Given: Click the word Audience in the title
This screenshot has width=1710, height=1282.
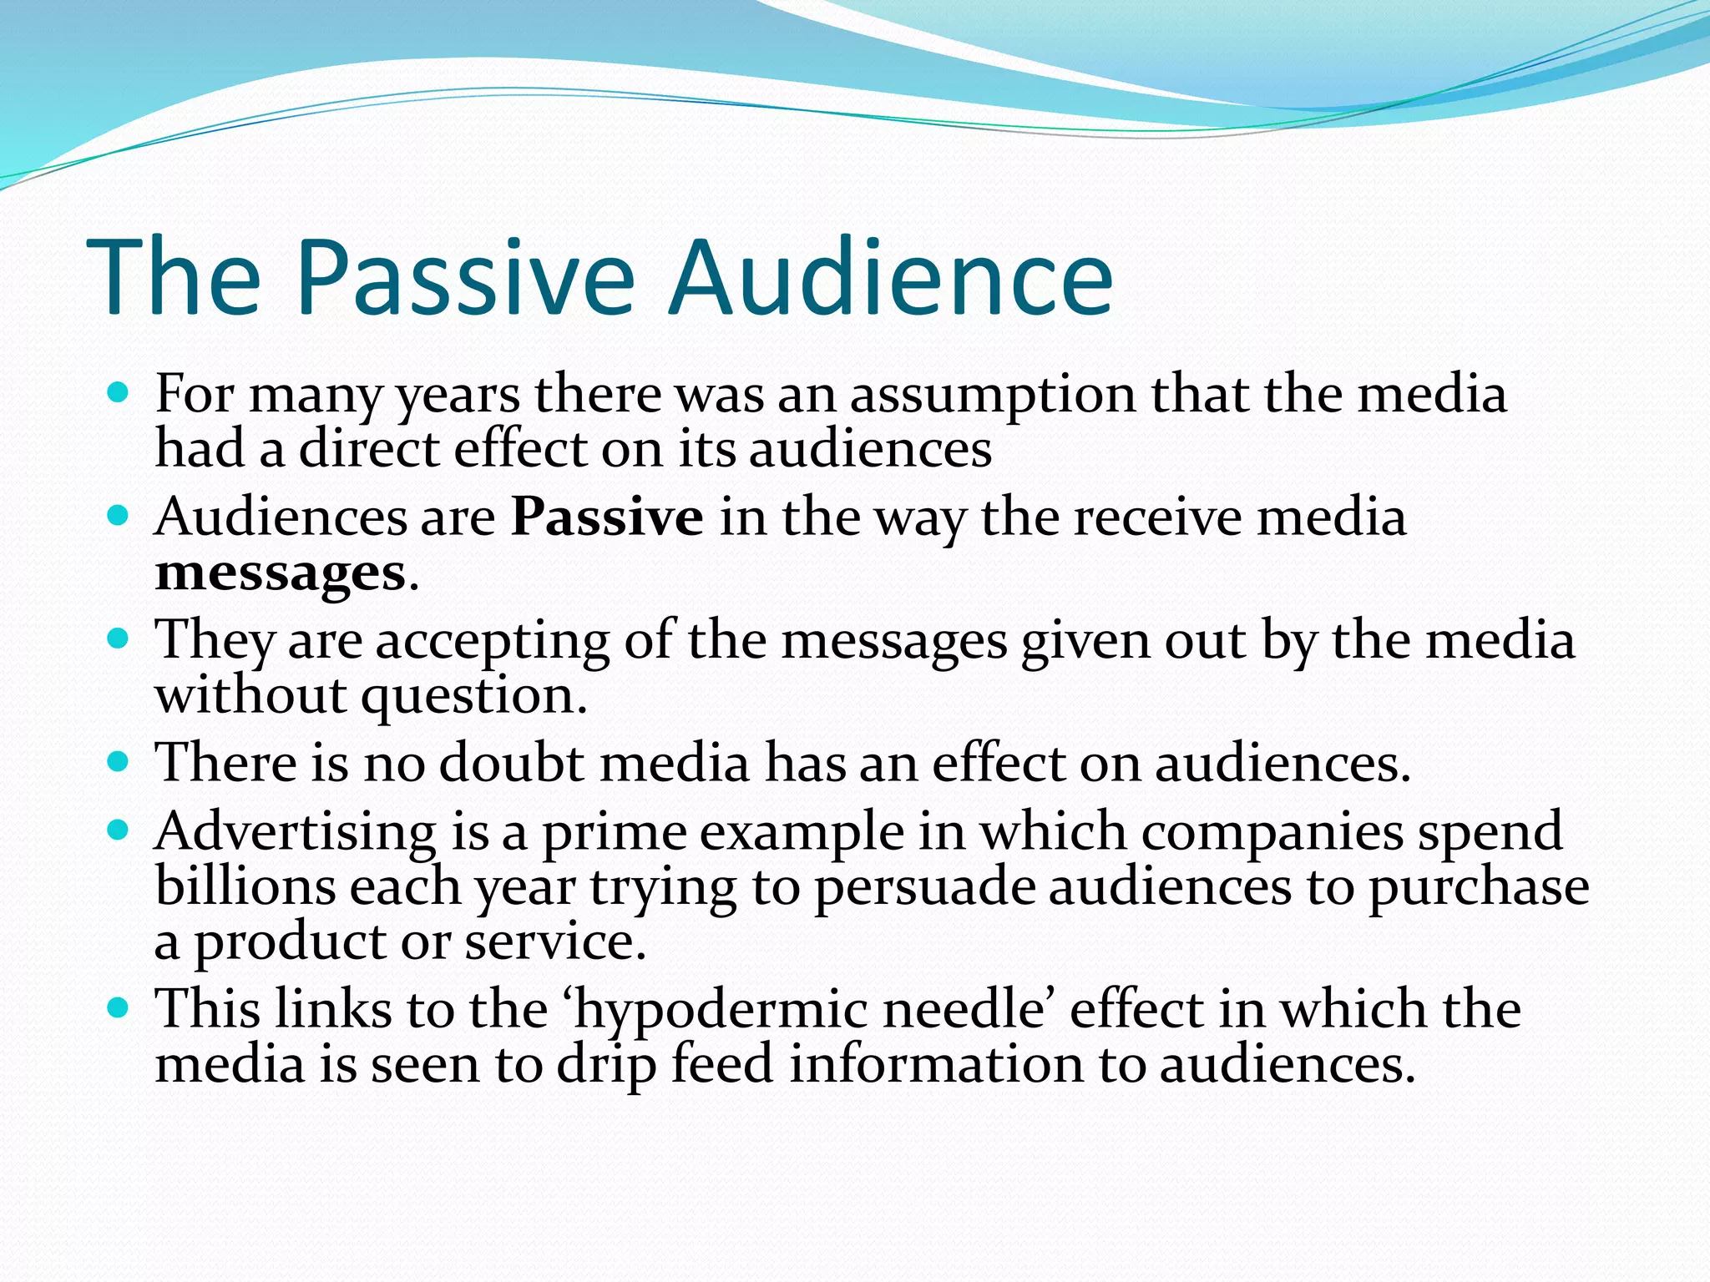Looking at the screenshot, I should click(891, 277).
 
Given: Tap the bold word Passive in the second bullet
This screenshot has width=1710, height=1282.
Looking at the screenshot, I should click(607, 517).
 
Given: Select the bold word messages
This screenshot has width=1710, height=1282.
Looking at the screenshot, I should click(281, 573).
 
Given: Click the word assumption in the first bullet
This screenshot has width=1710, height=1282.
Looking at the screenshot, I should click(993, 394).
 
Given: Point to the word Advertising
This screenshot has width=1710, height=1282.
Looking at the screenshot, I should click(295, 831).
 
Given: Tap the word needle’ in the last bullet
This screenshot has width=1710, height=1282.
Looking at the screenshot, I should click(968, 1008).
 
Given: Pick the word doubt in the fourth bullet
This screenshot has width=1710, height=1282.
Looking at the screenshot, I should click(511, 762).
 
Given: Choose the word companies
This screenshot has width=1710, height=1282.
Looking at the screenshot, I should click(1272, 832).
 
